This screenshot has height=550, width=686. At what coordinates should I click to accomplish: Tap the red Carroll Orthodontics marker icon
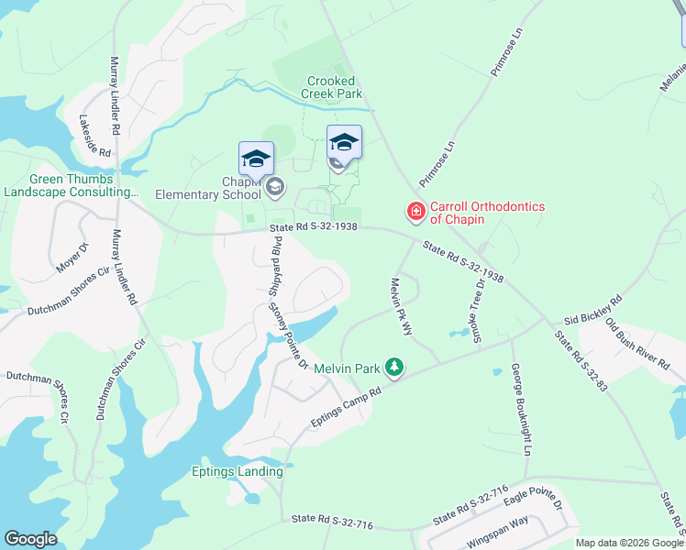tap(415, 213)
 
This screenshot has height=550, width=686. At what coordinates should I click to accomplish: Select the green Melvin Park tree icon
tap(394, 367)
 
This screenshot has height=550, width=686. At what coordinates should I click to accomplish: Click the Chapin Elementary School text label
tap(208, 188)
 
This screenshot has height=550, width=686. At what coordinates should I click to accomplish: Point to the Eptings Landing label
tap(237, 472)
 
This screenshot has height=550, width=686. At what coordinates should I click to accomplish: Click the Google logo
tap(30, 540)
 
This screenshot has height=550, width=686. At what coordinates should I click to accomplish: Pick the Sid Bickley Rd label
tap(592, 309)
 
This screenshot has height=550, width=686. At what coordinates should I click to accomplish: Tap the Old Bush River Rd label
tap(637, 344)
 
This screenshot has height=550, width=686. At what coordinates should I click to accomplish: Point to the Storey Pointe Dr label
tap(287, 337)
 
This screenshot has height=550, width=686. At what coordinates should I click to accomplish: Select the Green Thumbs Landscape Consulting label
tap(72, 186)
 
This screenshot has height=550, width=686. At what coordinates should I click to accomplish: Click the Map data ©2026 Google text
tap(629, 543)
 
